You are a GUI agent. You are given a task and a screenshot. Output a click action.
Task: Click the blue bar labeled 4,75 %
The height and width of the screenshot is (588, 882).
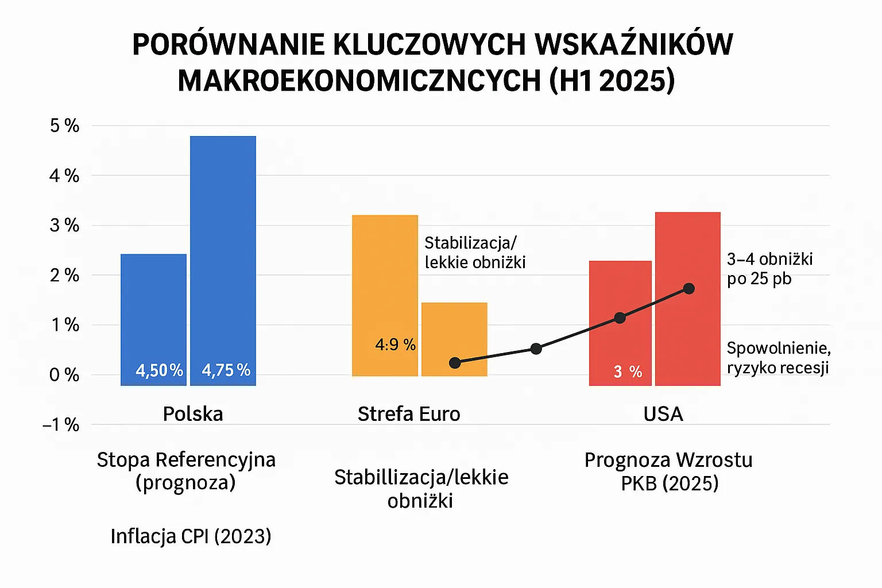click(x=223, y=258)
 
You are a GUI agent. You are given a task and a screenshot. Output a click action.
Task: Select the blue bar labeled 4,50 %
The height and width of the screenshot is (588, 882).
click(x=153, y=316)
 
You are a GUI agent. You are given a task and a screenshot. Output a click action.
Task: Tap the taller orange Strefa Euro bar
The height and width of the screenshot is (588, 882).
click(x=385, y=287)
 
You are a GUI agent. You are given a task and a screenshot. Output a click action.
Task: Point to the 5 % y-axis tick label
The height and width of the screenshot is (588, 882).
click(x=64, y=126)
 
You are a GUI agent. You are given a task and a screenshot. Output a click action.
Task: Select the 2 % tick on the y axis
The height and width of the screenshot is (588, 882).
click(x=64, y=276)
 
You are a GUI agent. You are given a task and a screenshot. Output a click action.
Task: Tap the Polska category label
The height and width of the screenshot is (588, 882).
click(x=193, y=414)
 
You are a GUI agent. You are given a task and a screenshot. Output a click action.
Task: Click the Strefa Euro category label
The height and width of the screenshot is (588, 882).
click(x=409, y=414)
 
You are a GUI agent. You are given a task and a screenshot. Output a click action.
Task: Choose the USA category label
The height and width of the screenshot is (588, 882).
click(x=663, y=414)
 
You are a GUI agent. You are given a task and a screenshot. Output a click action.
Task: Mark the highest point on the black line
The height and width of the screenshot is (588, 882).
click(x=689, y=288)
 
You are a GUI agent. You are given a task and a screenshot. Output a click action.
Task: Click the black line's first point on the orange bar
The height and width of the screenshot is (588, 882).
click(x=455, y=363)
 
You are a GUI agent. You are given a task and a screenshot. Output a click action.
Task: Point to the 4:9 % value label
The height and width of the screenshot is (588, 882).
click(x=395, y=345)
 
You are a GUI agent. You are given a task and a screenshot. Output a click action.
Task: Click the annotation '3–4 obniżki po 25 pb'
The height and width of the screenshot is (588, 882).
click(x=769, y=269)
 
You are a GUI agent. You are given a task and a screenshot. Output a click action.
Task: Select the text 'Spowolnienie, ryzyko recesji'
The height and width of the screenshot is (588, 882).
click(x=778, y=358)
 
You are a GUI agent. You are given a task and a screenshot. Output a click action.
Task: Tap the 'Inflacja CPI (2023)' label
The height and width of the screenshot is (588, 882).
click(x=191, y=536)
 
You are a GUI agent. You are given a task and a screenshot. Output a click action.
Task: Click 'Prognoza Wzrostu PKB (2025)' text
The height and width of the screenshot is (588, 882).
click(x=669, y=471)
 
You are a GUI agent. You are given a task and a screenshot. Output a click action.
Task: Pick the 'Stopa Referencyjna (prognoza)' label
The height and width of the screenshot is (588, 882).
click(x=186, y=471)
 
